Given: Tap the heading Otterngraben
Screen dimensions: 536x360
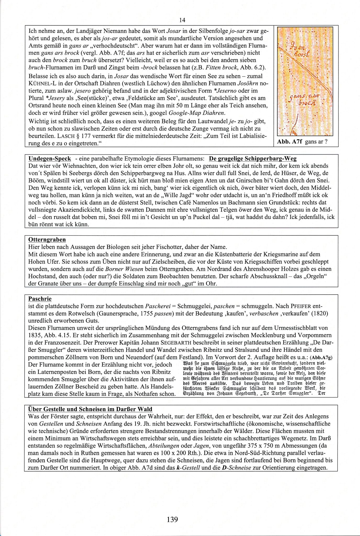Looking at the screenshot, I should [x=47, y=240].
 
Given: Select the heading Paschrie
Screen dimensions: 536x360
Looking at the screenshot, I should [x=40, y=299].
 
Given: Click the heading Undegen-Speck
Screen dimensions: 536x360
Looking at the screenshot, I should [x=49, y=159].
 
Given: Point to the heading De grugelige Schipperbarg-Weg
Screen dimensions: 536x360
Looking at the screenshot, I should [x=253, y=159].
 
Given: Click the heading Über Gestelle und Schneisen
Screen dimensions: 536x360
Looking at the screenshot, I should [x=90, y=409].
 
